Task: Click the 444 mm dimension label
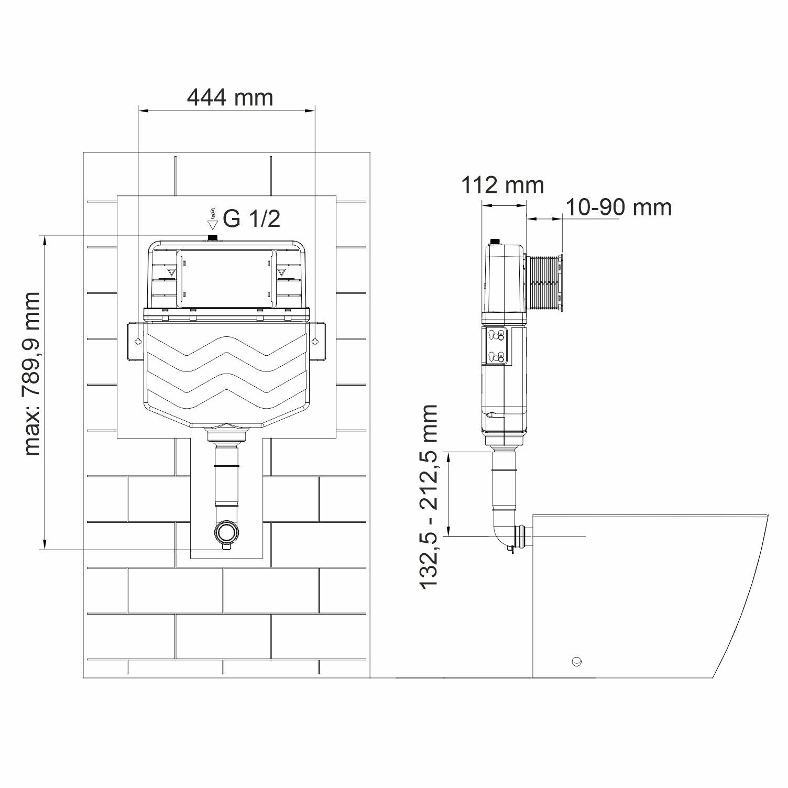[x=230, y=97]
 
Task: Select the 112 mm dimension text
[x=502, y=185]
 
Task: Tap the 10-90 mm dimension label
[x=618, y=207]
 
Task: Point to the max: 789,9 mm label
[x=32, y=374]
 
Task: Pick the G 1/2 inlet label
[x=251, y=219]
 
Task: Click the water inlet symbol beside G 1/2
[x=212, y=219]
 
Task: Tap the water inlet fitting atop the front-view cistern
[x=213, y=238]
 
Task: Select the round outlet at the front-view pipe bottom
[x=226, y=532]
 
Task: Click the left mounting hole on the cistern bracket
[x=138, y=342]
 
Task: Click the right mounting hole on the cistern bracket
[x=314, y=342]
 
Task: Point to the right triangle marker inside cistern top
[x=282, y=272]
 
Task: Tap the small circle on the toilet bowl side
[x=576, y=660]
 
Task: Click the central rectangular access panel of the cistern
[x=226, y=278]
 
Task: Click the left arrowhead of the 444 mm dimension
[x=141, y=111]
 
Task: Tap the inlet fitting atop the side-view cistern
[x=494, y=242]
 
